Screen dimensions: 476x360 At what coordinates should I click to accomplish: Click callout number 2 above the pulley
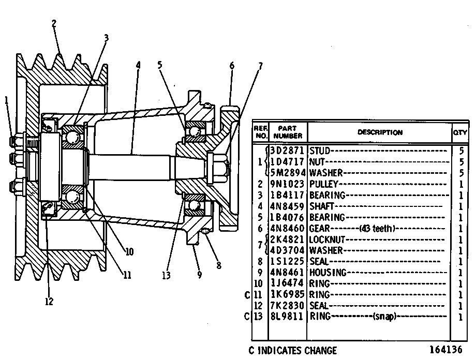pos(54,24)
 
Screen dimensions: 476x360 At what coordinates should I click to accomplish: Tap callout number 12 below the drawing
pos(49,302)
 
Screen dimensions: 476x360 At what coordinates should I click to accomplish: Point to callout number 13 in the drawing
pos(167,276)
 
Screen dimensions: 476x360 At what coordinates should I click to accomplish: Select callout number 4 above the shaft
pos(139,65)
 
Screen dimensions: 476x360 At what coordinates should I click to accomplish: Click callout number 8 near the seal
pos(219,265)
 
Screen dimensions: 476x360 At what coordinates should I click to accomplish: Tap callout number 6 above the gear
pos(232,66)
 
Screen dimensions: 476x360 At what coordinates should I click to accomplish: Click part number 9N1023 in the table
pos(287,184)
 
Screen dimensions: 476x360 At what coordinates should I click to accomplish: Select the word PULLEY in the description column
pos(323,184)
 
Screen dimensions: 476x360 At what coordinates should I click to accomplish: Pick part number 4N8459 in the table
pos(287,206)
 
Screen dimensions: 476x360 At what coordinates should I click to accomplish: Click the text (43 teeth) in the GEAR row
pos(377,228)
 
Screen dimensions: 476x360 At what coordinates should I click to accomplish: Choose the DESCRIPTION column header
pos(380,132)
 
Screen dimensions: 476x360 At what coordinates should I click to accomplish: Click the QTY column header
pos(460,132)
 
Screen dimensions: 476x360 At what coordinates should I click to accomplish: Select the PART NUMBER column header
pos(288,132)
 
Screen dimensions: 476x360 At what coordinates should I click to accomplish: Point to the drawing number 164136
pos(446,350)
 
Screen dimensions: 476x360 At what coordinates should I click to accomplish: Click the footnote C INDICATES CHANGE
pos(293,351)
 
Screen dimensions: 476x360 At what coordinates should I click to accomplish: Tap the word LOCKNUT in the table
pos(327,239)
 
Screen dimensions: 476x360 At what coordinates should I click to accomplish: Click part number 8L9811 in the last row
pos(287,317)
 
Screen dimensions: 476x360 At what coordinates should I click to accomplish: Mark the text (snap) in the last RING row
pos(384,317)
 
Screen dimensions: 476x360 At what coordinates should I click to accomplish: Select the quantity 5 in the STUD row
pos(462,151)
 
